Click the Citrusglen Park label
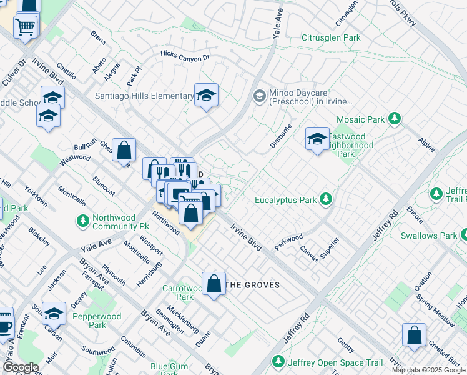coord(331,38)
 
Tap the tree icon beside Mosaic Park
coord(394,118)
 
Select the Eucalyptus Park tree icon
coord(325,200)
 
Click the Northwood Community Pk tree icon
coord(82,221)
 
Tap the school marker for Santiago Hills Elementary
coord(206,96)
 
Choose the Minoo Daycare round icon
coord(259,96)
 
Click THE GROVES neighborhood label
coord(252,285)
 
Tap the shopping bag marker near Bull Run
coord(124,150)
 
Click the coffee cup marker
coord(4,325)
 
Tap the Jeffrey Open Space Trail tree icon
coord(278,362)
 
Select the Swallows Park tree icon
coord(463,236)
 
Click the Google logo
coord(21,367)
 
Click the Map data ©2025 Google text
coord(428,370)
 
